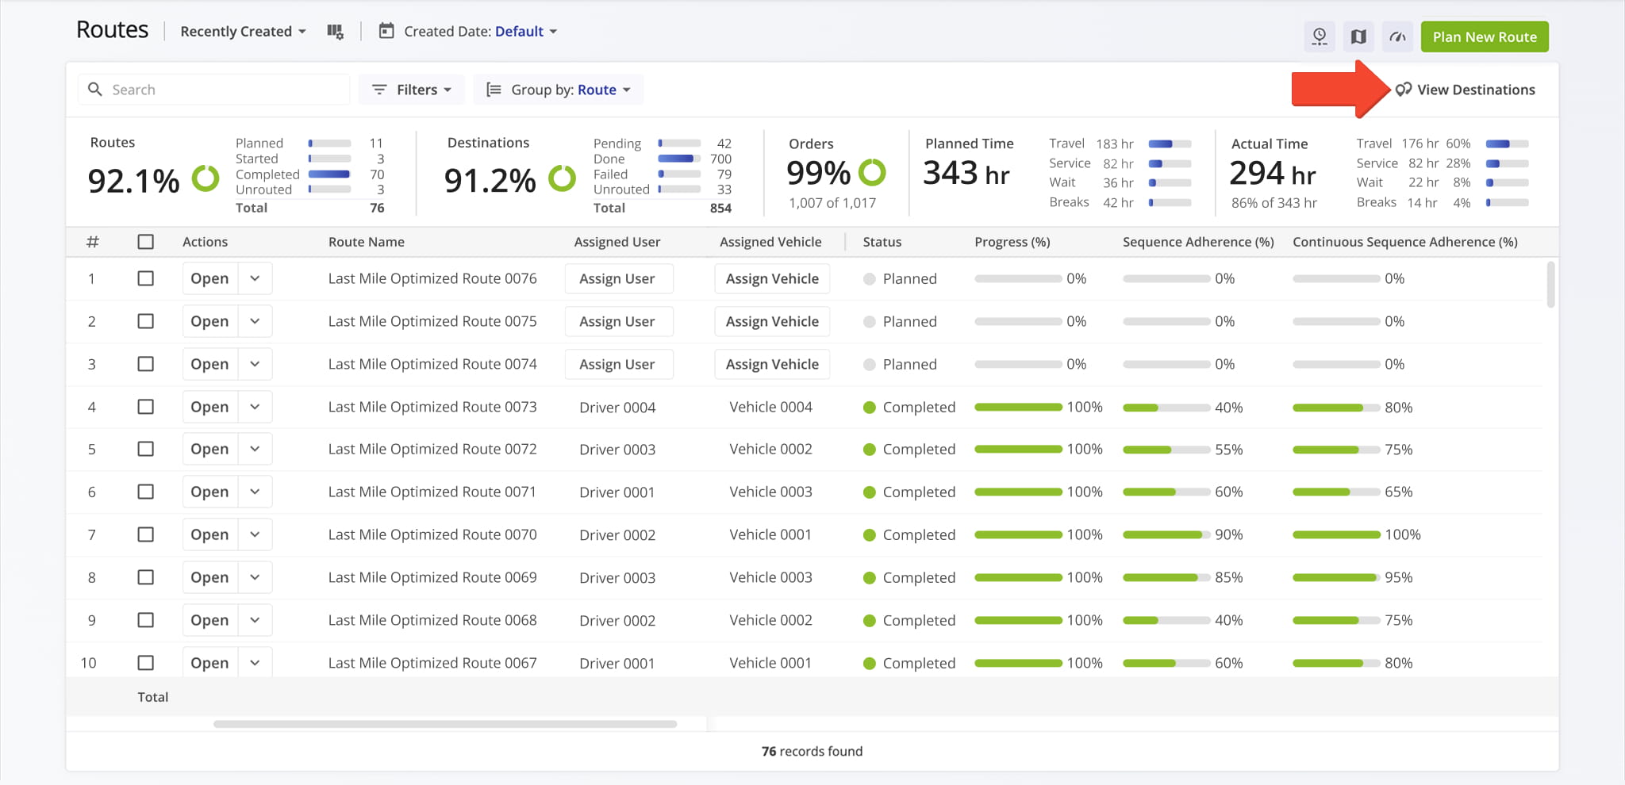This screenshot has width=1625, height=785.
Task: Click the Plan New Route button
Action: (1484, 36)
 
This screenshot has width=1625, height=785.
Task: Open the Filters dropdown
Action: (413, 90)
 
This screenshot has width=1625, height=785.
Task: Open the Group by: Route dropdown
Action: (559, 90)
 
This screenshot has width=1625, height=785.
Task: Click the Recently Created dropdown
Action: (243, 32)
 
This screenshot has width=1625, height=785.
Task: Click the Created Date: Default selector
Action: (473, 32)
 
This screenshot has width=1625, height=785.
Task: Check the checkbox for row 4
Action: (145, 407)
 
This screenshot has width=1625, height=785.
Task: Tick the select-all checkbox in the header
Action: (145, 242)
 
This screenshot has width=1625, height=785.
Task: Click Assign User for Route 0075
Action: (617, 321)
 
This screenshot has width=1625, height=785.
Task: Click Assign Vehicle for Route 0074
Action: (772, 364)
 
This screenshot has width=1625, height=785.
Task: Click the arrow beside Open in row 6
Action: (255, 492)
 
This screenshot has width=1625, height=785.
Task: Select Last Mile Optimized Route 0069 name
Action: (432, 577)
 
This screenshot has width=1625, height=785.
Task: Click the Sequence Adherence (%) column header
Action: (1197, 242)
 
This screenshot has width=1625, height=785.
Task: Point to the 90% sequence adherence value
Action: (1228, 534)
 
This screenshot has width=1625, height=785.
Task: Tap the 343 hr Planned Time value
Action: (966, 173)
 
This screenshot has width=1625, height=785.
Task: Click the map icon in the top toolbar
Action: (1358, 36)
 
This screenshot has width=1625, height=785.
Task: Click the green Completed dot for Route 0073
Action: (870, 408)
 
